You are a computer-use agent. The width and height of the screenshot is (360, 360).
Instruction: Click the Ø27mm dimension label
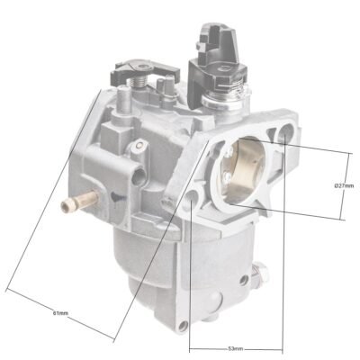coord(344,185)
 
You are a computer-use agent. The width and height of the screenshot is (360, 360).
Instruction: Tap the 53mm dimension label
coord(236,349)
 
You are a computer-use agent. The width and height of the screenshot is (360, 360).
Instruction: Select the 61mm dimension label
coord(60,313)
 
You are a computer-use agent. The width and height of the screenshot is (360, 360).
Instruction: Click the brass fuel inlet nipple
coord(79,201)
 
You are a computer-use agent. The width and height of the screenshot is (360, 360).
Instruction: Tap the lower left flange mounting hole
coord(192,198)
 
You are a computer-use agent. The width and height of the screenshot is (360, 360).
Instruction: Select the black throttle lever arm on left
coord(145,70)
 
